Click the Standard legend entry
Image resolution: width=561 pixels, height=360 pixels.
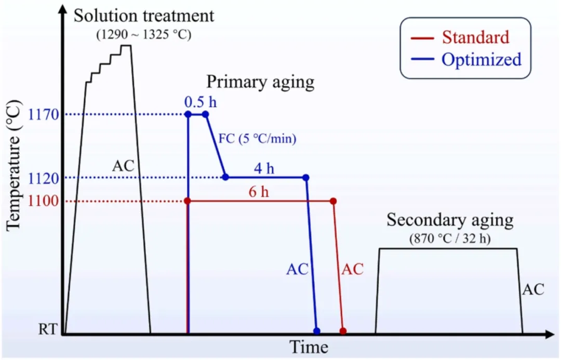[x=475, y=37]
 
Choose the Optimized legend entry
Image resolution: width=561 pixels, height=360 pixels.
[x=481, y=59]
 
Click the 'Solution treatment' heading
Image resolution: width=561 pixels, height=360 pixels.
[x=144, y=15]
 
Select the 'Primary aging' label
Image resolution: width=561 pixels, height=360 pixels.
[x=261, y=82]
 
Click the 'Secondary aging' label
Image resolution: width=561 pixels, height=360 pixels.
[x=450, y=220]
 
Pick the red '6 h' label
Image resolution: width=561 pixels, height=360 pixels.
[x=259, y=192]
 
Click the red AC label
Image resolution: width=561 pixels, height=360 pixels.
[x=352, y=269]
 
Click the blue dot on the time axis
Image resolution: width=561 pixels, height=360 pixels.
[x=317, y=330]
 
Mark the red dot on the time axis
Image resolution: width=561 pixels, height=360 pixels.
[x=343, y=330]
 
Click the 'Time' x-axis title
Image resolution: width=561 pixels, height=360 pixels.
[x=309, y=346]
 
